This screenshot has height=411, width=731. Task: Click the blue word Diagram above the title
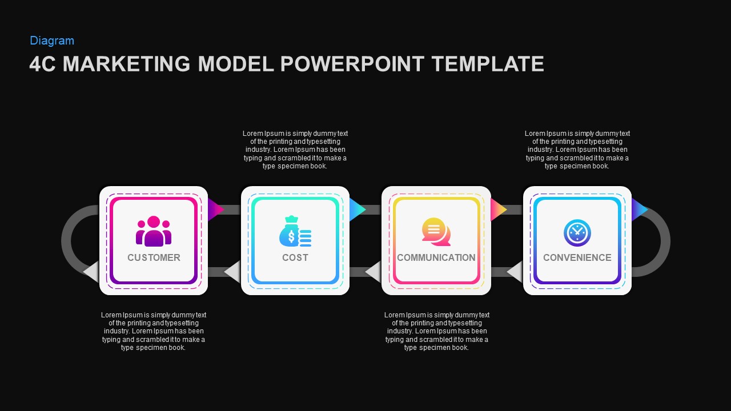click(52, 41)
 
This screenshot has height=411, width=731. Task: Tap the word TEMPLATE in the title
click(488, 64)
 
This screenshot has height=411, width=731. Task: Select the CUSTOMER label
click(154, 257)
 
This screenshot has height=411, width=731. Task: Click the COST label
click(295, 257)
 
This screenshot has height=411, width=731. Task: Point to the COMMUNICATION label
click(436, 257)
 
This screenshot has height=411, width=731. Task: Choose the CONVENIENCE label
click(577, 257)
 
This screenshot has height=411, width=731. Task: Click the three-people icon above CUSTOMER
click(154, 231)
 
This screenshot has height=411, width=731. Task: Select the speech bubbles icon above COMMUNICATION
click(436, 232)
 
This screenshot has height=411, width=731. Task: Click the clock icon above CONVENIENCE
click(577, 233)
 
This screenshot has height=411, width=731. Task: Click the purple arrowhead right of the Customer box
click(215, 209)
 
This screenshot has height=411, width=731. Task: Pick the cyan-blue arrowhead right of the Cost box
click(357, 209)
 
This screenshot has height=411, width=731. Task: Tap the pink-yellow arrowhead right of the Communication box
click(498, 209)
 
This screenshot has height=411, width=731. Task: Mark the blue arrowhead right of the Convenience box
click(639, 209)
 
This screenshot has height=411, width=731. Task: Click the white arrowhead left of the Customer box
click(92, 272)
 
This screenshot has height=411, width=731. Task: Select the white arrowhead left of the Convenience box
click(515, 272)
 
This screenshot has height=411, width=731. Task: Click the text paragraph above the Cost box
click(295, 150)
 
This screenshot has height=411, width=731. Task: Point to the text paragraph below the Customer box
click(154, 331)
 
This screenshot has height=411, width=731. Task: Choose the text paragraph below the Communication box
click(436, 331)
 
